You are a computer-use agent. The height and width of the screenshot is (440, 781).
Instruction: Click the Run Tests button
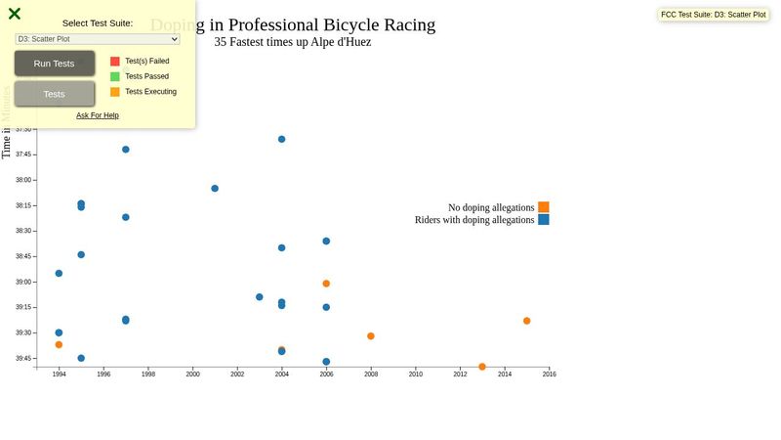coord(55,64)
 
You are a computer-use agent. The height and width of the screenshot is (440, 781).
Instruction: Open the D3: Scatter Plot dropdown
coord(98,39)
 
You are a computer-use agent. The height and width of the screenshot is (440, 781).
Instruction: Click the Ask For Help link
coord(98,115)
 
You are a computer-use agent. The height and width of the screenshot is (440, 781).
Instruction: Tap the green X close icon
coord(15,14)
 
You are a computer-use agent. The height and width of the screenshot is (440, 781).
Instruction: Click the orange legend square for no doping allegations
coord(544,207)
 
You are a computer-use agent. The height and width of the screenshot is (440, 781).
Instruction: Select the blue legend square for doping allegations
coord(544,220)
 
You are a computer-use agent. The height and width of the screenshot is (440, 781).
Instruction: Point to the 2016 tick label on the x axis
coord(550,374)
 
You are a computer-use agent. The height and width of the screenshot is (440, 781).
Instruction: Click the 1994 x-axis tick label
coord(59,374)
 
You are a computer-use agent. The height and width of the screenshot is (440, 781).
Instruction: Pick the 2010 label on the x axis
coord(416,374)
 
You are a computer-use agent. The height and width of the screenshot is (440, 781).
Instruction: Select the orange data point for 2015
coord(527,321)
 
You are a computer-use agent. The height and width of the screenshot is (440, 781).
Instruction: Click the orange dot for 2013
coord(482,367)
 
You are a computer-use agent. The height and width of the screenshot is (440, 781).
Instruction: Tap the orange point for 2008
coord(371,336)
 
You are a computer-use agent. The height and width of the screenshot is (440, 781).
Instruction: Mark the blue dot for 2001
coord(215,189)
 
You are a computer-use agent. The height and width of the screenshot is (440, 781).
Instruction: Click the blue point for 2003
coord(260,297)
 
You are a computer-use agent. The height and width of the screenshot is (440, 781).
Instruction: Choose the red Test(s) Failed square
coord(115,62)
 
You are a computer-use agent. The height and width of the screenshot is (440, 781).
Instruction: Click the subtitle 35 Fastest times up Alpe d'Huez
coord(293,42)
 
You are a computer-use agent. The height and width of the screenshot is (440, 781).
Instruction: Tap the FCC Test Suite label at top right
coord(714,15)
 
